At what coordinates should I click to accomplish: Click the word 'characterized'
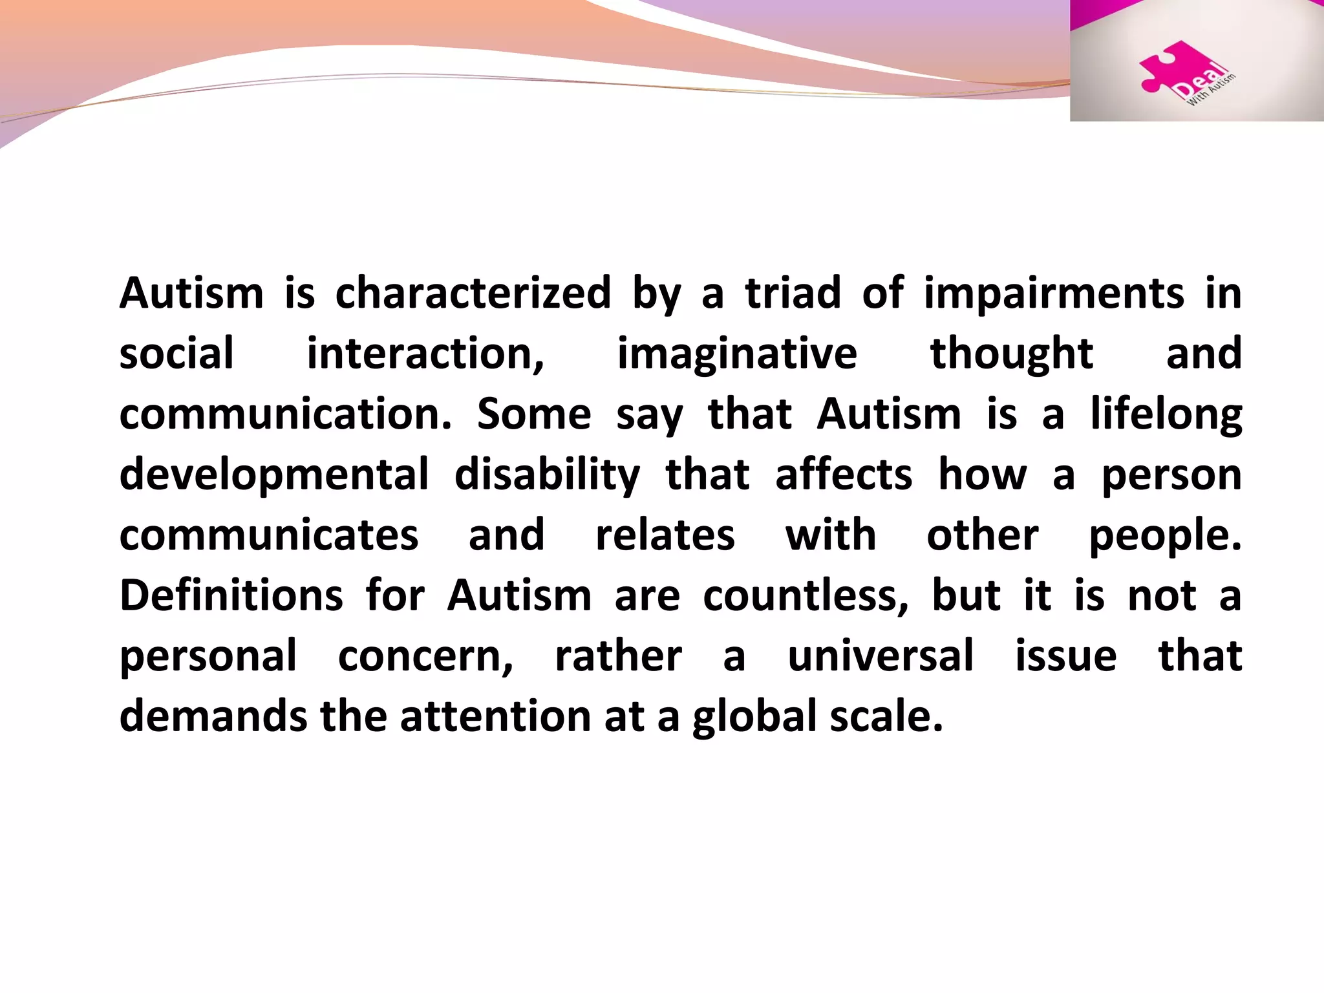pyautogui.click(x=473, y=294)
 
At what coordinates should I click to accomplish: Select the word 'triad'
pyautogui.click(x=793, y=294)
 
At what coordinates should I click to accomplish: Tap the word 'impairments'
pyautogui.click(x=1054, y=294)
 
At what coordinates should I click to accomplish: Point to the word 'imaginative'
pyautogui.click(x=737, y=354)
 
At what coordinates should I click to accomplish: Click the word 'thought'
pyautogui.click(x=1011, y=354)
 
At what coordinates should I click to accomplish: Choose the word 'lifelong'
pyautogui.click(x=1166, y=414)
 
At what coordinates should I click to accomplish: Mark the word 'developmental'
pyautogui.click(x=274, y=475)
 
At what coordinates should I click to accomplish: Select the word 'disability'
pyautogui.click(x=547, y=475)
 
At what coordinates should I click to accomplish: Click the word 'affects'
pyautogui.click(x=844, y=475)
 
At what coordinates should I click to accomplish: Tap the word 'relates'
pyautogui.click(x=665, y=535)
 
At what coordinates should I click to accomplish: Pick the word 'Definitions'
pyautogui.click(x=231, y=595)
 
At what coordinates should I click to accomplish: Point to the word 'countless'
pyautogui.click(x=805, y=595)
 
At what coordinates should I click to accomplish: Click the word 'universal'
pyautogui.click(x=881, y=656)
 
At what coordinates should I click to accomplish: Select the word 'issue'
pyautogui.click(x=1065, y=656)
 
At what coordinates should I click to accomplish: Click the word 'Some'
pyautogui.click(x=534, y=414)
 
